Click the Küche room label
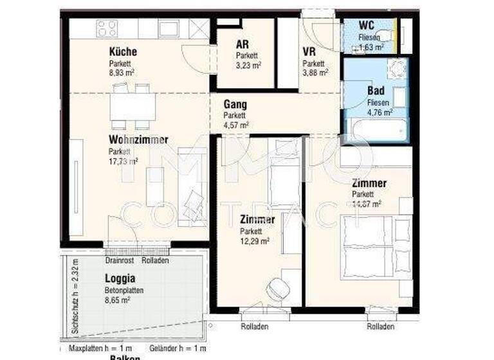[x=123, y=52]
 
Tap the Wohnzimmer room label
[x=138, y=139]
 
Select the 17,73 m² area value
[x=123, y=161]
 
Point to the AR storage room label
[x=242, y=45]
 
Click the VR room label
[x=309, y=51]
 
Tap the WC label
[x=366, y=26]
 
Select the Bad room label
[x=376, y=91]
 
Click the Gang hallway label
[x=235, y=104]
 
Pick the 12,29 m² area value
[x=255, y=241]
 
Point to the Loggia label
[x=120, y=279]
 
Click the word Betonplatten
[x=124, y=290]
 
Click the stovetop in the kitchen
[x=107, y=28]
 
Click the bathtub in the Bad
[x=376, y=131]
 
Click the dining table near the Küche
[x=133, y=107]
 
